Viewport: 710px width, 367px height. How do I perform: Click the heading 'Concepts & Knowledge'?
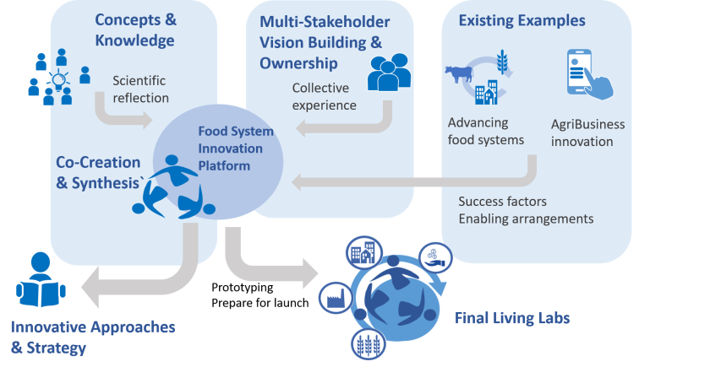tap(134, 30)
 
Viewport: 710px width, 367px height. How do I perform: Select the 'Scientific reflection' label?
tap(140, 89)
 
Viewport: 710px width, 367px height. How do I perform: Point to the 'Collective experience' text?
tap(324, 97)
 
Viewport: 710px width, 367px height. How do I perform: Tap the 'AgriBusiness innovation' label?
tap(587, 133)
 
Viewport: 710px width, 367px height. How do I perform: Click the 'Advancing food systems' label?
tap(486, 132)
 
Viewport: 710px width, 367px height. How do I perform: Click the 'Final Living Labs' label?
tap(512, 318)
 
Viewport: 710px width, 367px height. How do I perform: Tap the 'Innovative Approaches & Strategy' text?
tap(93, 336)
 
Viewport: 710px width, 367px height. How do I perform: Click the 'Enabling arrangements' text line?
tap(525, 219)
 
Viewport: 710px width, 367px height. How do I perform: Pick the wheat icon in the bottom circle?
tap(369, 344)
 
